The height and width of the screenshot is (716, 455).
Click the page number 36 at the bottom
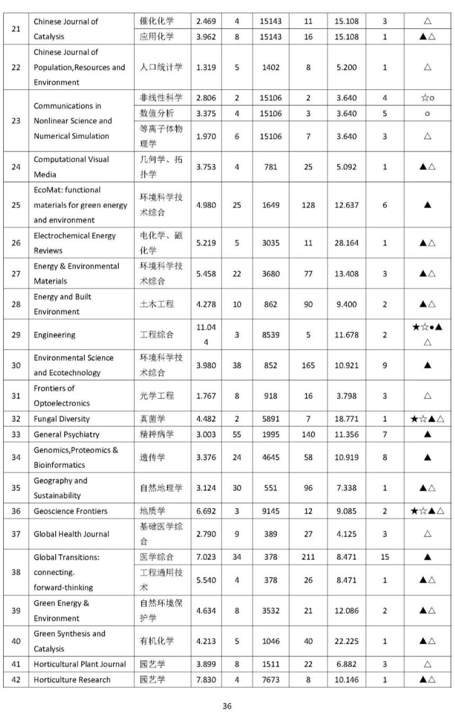click(227, 706)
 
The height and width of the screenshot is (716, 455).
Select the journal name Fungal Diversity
click(62, 419)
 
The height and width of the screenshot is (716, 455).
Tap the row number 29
click(16, 335)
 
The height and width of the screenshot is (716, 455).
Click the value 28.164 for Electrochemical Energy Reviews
click(346, 243)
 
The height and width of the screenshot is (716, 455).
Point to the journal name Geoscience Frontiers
click(70, 511)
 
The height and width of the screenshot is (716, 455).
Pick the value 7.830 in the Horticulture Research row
click(206, 680)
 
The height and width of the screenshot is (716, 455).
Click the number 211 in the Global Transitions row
click(308, 557)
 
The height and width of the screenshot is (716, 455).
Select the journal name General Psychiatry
click(66, 434)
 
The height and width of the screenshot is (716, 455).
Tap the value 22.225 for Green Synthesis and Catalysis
click(346, 641)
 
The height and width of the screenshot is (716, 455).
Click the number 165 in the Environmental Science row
click(308, 365)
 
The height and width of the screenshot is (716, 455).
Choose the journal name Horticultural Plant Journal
click(80, 664)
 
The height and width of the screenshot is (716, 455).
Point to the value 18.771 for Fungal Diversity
click(346, 419)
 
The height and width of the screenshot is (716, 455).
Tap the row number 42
click(16, 680)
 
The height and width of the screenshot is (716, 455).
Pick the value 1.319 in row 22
click(206, 67)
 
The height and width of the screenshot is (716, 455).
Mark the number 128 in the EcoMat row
click(308, 205)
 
